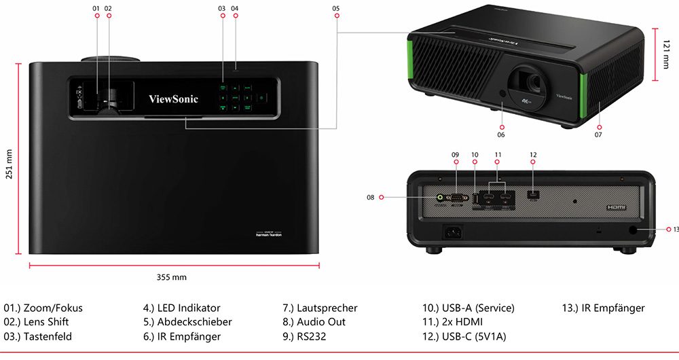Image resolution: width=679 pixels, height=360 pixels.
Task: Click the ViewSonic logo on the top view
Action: point(174,99)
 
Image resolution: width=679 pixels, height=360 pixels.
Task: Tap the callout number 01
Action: point(96,8)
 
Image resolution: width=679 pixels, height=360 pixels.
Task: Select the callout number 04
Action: point(234,8)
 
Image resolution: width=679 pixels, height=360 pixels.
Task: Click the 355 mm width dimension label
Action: point(171,277)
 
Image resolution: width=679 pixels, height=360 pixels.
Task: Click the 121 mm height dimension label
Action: point(666,54)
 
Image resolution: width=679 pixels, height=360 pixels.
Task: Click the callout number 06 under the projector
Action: point(501,134)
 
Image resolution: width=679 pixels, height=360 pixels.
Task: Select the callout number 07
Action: point(598,134)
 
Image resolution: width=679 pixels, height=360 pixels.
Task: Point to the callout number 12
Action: point(533,155)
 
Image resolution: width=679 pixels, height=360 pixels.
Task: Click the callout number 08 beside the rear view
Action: point(370,197)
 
